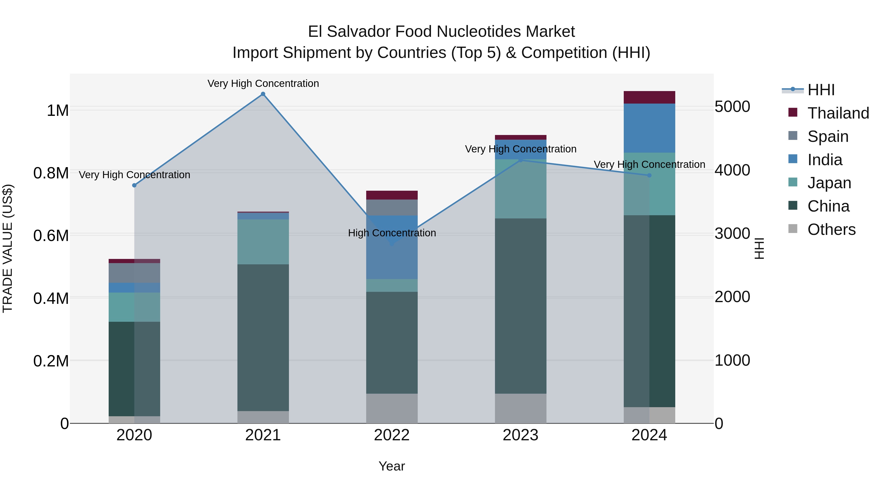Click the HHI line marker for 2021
(263, 94)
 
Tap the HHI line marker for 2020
(134, 185)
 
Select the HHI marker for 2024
(649, 175)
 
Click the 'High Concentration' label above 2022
(392, 233)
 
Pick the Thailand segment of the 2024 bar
(649, 97)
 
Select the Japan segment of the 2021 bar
(263, 242)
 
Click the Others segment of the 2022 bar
(392, 408)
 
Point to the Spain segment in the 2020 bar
(134, 273)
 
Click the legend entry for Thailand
(838, 113)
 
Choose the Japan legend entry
(829, 183)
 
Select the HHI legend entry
(821, 90)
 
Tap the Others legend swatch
(793, 229)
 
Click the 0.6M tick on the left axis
(51, 236)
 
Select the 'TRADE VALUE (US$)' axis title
(8, 248)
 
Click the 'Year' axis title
(391, 466)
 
